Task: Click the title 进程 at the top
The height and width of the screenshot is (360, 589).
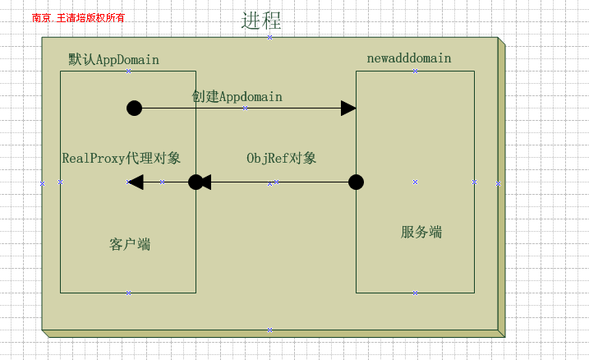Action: point(261,21)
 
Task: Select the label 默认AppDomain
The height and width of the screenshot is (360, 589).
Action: point(113,60)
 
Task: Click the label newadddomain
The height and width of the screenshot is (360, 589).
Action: point(408,58)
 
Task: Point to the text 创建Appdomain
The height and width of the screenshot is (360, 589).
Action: point(237,96)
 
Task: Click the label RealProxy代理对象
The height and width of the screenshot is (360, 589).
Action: point(122,158)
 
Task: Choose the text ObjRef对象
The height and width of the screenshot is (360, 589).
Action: point(281,158)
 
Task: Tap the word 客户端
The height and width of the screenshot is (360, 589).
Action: point(129,244)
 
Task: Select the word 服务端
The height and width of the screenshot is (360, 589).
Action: point(421,232)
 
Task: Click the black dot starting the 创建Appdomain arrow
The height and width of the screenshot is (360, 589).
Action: point(135,108)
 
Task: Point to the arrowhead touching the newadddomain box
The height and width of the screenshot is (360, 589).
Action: point(348,108)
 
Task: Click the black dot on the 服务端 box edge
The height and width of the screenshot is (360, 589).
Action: point(356,182)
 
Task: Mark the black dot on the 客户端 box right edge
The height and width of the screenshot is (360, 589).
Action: point(196,182)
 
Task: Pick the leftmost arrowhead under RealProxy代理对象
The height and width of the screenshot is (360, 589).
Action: point(136,182)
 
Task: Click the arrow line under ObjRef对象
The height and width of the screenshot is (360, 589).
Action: point(279,182)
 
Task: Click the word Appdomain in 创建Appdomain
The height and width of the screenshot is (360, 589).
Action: point(250,96)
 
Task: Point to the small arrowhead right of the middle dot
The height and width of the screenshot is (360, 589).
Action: point(206,182)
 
